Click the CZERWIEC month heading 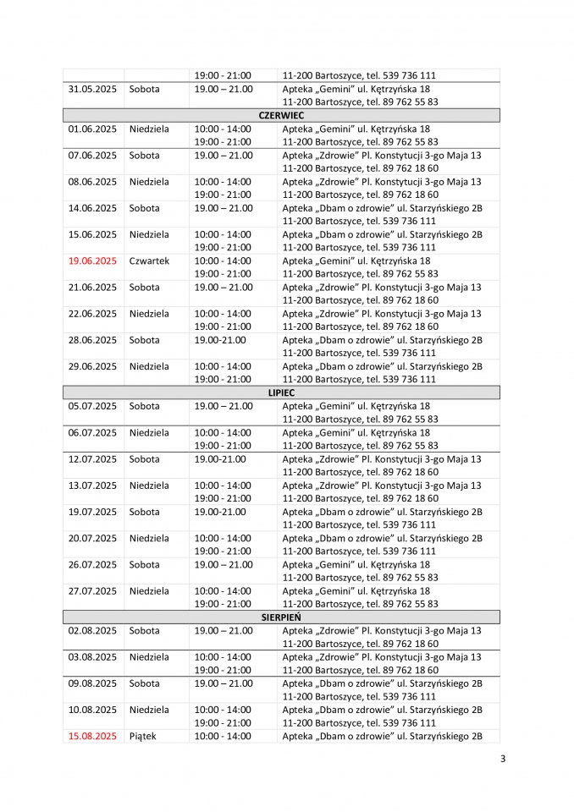281,115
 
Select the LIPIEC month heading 281,392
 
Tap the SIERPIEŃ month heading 281,617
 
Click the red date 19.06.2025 92,261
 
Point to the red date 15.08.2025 92,736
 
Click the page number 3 503,758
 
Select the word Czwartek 149,261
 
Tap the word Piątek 142,736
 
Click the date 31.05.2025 92,89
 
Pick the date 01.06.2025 92,129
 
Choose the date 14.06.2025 92,208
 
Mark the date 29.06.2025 92,366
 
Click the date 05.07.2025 92,406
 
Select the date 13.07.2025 92,486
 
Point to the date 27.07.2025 92,590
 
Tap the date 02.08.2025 92,630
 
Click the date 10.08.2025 92,710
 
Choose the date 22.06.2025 92,314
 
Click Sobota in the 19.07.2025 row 144,512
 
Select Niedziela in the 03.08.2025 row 149,656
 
